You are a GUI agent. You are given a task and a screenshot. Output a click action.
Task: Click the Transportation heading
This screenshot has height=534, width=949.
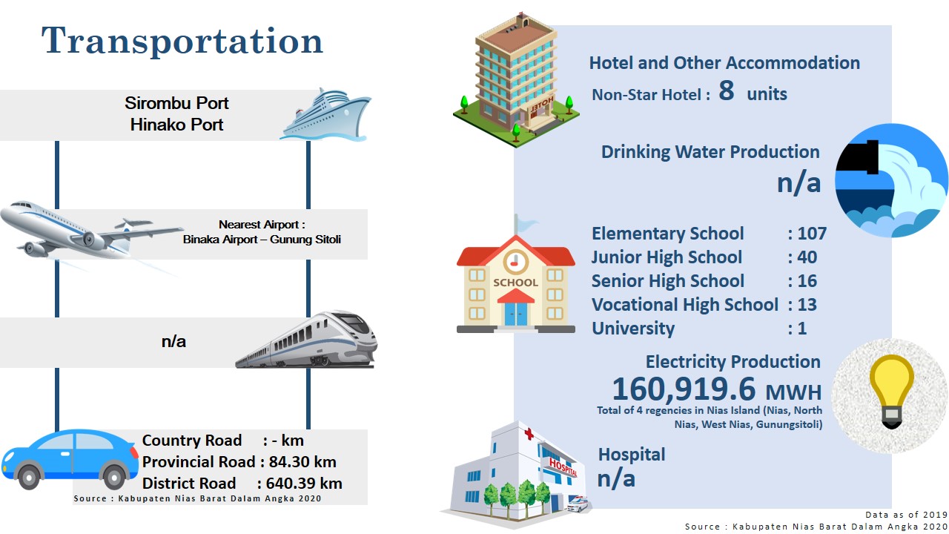point(182,41)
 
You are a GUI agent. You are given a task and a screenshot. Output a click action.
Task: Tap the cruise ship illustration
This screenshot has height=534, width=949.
point(325,114)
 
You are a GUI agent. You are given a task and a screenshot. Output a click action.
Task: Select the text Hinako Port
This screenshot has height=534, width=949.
point(176,125)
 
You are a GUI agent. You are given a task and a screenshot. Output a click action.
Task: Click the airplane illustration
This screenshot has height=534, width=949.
point(91,231)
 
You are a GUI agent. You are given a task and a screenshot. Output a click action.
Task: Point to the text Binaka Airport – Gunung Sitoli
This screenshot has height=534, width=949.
point(262,240)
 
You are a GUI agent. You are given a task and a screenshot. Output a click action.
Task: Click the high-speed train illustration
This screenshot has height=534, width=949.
point(306,340)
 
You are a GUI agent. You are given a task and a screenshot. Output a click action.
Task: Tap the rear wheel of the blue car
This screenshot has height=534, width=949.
point(114,477)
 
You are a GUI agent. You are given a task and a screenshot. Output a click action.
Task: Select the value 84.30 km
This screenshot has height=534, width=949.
point(302,461)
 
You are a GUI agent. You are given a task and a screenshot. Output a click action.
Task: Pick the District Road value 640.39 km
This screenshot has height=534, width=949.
point(304,483)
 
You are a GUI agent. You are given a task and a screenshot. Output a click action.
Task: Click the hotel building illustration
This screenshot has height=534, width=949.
point(517,81)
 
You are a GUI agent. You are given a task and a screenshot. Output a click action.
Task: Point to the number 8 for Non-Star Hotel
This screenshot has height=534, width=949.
point(726,90)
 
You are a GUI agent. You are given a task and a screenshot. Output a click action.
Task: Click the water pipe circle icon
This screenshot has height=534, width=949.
point(891,180)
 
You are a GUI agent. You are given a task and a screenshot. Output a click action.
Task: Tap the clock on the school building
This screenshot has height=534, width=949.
point(515,262)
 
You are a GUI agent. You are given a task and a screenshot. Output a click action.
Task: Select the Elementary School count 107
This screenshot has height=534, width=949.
point(812,234)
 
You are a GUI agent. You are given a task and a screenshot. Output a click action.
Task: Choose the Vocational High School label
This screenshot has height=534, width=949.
point(684,305)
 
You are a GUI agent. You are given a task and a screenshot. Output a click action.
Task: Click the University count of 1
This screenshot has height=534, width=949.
point(802,329)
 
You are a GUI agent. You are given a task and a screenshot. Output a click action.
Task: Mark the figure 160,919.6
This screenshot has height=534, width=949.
point(684,389)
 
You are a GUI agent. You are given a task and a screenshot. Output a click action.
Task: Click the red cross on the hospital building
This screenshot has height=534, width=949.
point(529,434)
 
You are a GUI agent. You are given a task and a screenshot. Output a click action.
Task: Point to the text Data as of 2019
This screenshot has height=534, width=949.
point(906,515)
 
